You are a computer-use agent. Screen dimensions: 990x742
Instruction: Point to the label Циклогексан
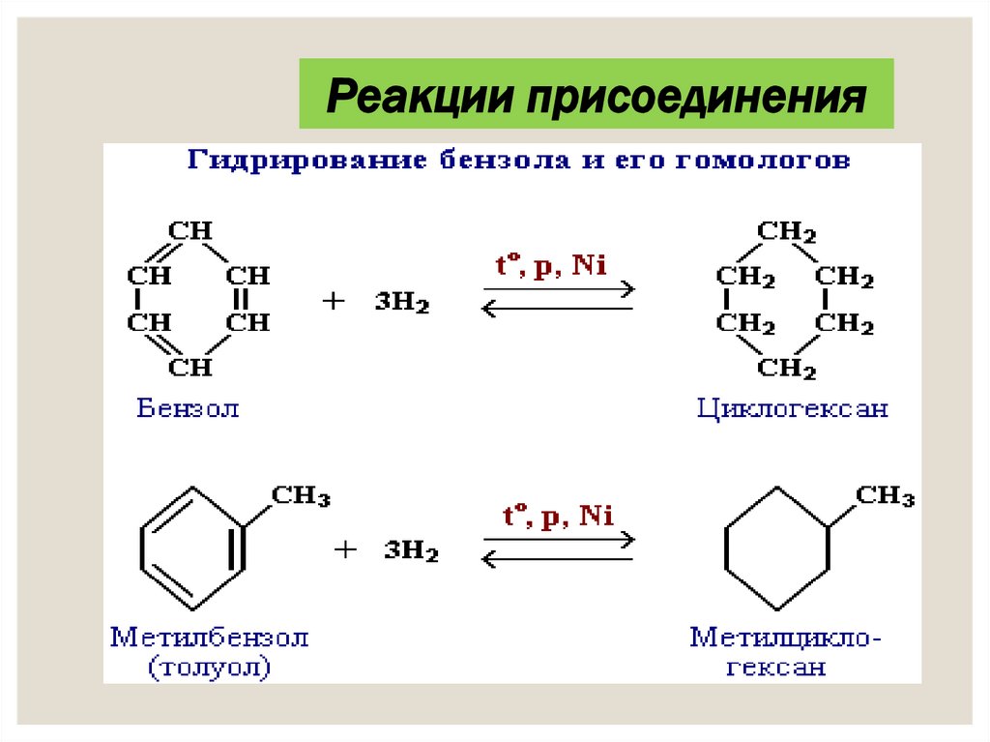point(792,408)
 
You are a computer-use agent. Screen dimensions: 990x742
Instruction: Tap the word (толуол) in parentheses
point(209,667)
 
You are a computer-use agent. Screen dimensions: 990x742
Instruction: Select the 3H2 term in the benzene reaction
point(403,303)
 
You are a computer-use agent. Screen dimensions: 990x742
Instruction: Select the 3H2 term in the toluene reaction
point(411,552)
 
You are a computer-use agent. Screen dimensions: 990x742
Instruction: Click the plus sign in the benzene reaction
point(333,302)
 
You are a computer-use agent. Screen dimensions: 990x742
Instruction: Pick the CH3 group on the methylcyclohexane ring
point(885,497)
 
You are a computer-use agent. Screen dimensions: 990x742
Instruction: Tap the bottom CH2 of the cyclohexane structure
point(786,368)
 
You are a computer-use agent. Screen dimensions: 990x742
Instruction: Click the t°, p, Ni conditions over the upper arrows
point(553,266)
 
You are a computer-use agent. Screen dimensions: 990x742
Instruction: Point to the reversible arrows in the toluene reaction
point(558,548)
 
